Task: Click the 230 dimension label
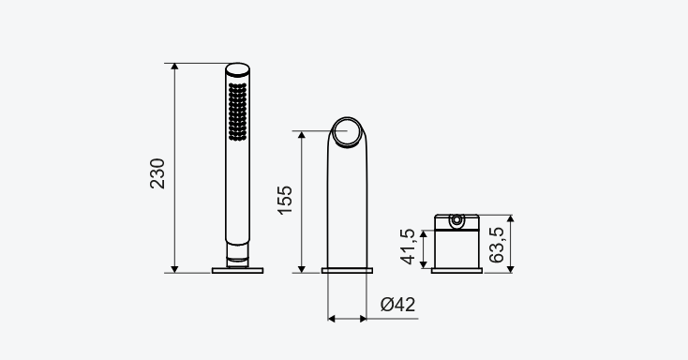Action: pyautogui.click(x=157, y=173)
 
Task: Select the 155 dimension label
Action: pyautogui.click(x=285, y=201)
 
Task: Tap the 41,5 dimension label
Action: pyautogui.click(x=408, y=247)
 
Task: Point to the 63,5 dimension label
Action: pyautogui.click(x=497, y=245)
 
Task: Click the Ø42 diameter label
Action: pyautogui.click(x=397, y=305)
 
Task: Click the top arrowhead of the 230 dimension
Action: pyautogui.click(x=174, y=67)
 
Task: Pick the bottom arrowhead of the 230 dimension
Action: pyautogui.click(x=174, y=269)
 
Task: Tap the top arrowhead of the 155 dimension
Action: pyautogui.click(x=302, y=134)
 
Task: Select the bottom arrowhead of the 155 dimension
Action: pyautogui.click(x=302, y=269)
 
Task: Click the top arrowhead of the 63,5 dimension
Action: pyautogui.click(x=510, y=218)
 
